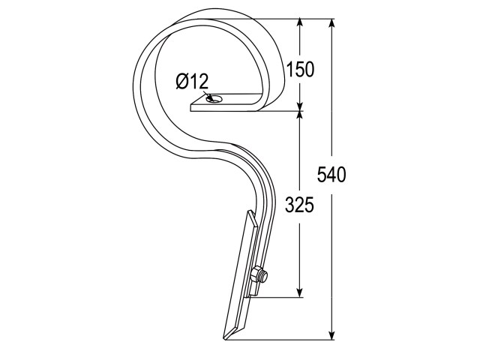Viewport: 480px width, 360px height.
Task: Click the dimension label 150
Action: (x=300, y=69)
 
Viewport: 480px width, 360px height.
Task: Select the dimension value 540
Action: (x=331, y=175)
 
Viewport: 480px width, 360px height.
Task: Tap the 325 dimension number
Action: (x=299, y=205)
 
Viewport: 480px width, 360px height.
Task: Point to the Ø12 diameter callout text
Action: (x=192, y=82)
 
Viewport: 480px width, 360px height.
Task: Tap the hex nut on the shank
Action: (x=256, y=275)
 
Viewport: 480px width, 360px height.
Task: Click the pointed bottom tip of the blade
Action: (x=225, y=338)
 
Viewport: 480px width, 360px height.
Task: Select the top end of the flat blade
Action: (x=250, y=211)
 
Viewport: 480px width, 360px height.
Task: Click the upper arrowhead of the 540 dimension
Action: (x=331, y=23)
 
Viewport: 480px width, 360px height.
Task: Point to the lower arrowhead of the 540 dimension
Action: (x=331, y=334)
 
